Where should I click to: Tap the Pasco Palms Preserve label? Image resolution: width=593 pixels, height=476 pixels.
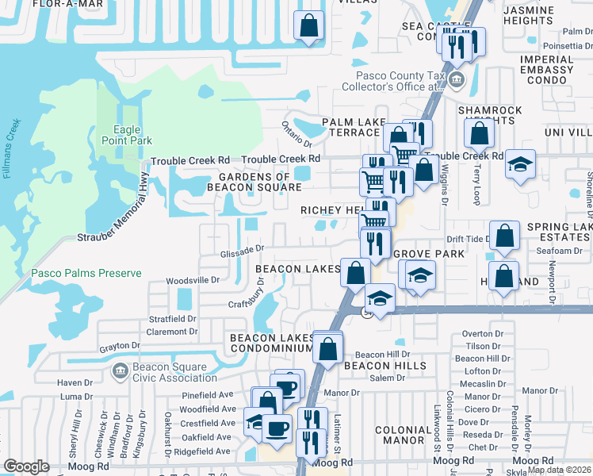pyautogui.click(x=86, y=274)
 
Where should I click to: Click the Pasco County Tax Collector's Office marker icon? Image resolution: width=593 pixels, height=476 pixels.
pyautogui.click(x=456, y=79)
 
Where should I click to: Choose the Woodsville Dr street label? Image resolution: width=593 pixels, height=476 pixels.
pyautogui.click(x=193, y=280)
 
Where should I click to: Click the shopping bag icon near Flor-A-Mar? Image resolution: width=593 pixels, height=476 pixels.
pyautogui.click(x=308, y=25)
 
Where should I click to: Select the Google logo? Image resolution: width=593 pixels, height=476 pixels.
pyautogui.click(x=26, y=466)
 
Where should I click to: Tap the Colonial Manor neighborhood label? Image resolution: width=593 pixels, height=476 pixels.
pyautogui.click(x=404, y=435)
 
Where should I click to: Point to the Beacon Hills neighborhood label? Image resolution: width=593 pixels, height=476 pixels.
pyautogui.click(x=385, y=366)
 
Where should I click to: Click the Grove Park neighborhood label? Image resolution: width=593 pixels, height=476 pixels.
pyautogui.click(x=429, y=254)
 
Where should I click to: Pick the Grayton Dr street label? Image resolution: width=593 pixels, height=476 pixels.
pyautogui.click(x=119, y=347)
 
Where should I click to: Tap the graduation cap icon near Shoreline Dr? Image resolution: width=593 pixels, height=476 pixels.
pyautogui.click(x=520, y=164)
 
